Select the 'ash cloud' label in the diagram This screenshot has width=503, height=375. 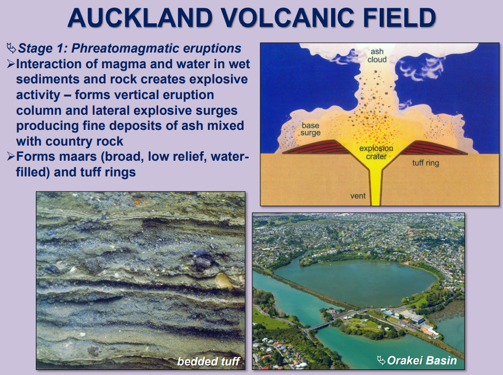377,56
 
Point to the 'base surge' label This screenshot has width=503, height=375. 311,129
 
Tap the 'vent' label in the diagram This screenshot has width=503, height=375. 358,195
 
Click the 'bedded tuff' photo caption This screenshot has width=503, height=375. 208,361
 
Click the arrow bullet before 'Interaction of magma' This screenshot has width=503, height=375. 11,65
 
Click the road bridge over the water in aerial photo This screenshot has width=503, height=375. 315,327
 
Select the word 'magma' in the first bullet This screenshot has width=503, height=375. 134,65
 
